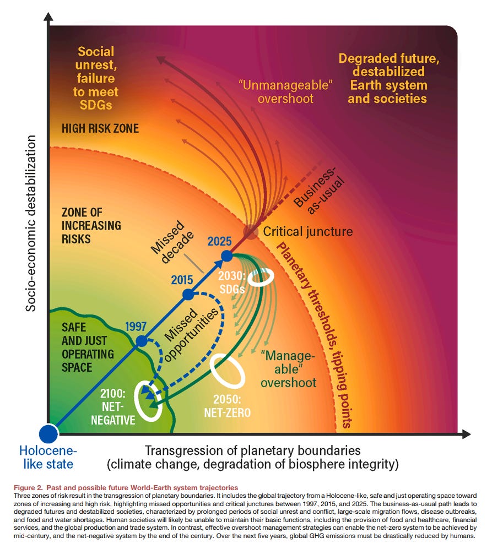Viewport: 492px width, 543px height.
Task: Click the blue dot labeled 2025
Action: tap(226, 256)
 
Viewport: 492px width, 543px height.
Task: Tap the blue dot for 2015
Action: tap(188, 294)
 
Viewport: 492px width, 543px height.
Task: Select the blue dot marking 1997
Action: tap(142, 340)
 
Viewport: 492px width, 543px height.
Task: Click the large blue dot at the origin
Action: tap(48, 433)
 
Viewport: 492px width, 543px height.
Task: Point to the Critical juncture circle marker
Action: tap(251, 232)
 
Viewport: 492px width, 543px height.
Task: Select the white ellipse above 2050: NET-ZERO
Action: tap(228, 372)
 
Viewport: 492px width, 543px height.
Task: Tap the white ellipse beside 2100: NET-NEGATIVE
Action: tap(149, 405)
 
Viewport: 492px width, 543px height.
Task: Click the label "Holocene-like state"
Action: tap(48, 457)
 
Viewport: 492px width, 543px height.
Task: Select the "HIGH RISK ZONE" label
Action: tap(100, 128)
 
